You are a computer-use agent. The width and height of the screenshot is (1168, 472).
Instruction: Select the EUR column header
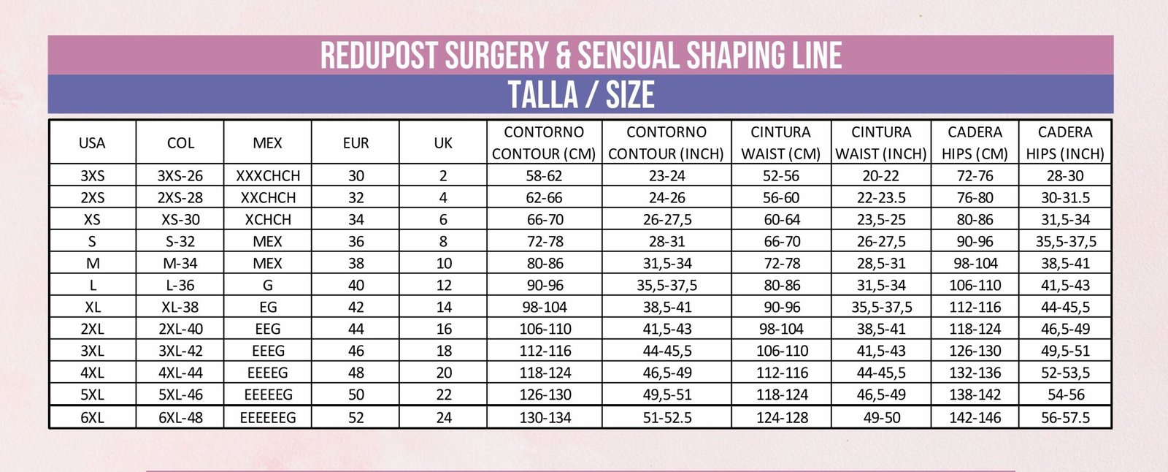coord(356,143)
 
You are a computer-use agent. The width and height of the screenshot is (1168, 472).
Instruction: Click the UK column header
coord(443,143)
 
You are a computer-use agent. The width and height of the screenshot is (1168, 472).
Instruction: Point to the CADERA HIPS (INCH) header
coord(1065,142)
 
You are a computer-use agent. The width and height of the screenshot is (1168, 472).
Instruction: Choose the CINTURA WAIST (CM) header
coord(780,142)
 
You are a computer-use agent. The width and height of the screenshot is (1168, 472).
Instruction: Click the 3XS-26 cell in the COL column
coord(180,176)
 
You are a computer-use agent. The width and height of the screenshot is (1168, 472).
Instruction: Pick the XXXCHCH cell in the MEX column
coord(268,176)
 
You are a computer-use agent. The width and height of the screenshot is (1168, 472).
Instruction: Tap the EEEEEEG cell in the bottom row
coord(268,418)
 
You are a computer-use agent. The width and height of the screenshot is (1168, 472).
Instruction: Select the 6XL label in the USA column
coord(93,418)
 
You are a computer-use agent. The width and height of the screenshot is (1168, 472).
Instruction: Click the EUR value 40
coord(356,286)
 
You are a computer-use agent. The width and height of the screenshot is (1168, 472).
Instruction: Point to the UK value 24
coord(444,418)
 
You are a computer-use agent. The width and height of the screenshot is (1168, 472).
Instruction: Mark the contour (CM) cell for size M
coord(545,264)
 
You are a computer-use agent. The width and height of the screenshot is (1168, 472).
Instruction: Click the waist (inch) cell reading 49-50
coord(881,418)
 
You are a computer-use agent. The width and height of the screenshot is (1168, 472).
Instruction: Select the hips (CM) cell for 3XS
coord(975,176)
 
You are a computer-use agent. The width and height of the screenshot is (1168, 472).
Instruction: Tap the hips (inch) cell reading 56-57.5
coord(1065,418)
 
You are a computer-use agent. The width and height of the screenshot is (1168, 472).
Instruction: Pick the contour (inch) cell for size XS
coord(666,220)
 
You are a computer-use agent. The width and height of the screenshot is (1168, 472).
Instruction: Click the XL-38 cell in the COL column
coord(180,308)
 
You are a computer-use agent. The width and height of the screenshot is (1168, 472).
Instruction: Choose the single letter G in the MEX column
coord(268,286)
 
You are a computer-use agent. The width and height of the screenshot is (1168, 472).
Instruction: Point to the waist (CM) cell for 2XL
coord(781,330)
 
